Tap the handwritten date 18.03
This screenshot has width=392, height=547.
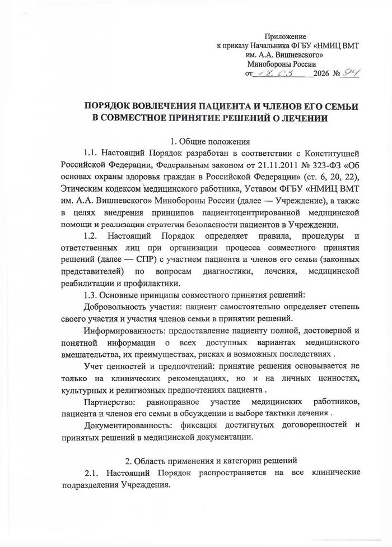[277, 73]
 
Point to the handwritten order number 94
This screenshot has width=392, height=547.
[352, 73]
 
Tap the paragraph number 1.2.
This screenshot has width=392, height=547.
[91, 235]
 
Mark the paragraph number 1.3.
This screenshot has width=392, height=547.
[91, 294]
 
